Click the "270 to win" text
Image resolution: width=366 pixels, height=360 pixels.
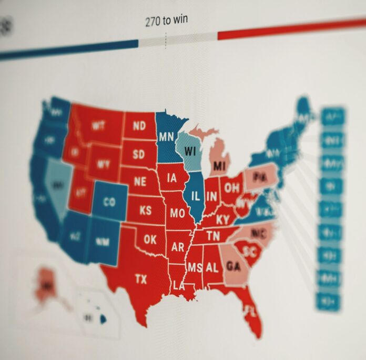pyautogui.click(x=166, y=22)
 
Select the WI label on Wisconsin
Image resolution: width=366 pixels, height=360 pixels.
pyautogui.click(x=190, y=151)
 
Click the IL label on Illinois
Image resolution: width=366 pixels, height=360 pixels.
pyautogui.click(x=195, y=196)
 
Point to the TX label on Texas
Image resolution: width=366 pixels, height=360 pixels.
pyautogui.click(x=141, y=278)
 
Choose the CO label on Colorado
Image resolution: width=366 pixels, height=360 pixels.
pyautogui.click(x=109, y=202)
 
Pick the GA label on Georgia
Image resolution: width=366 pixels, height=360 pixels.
pyautogui.click(x=233, y=266)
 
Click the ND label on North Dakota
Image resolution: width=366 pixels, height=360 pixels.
pyautogui.click(x=139, y=126)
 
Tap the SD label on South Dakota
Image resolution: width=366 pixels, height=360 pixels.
pyautogui.click(x=138, y=154)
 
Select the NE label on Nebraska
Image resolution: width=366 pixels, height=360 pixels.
pyautogui.click(x=139, y=182)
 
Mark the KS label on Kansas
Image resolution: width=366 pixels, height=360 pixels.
pyautogui.click(x=146, y=211)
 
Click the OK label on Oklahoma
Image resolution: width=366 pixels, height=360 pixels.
pyautogui.click(x=150, y=239)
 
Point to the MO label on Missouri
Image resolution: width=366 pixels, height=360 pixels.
pyautogui.click(x=177, y=213)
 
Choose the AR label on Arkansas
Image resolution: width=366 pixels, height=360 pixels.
pyautogui.click(x=178, y=247)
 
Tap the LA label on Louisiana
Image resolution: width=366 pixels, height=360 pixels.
pyautogui.click(x=179, y=286)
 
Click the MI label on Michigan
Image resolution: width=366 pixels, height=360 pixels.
pyautogui.click(x=219, y=167)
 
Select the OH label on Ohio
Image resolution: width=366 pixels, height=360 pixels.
pyautogui.click(x=232, y=188)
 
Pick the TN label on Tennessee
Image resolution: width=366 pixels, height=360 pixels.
pyautogui.click(x=213, y=236)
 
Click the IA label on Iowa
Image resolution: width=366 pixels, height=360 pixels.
pyautogui.click(x=171, y=178)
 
